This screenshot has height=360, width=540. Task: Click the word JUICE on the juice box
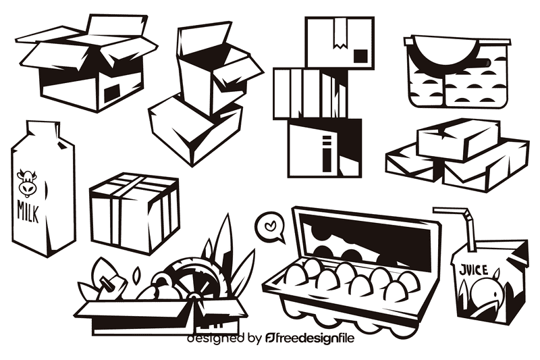pos(474,270)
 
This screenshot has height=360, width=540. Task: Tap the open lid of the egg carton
pos(364,238)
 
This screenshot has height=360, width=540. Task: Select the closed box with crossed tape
pos(135,211)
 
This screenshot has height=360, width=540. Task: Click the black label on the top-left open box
pos(111,91)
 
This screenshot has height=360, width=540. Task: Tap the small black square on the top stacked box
pos(361,55)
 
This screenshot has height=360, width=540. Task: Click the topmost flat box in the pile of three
pos(458,139)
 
